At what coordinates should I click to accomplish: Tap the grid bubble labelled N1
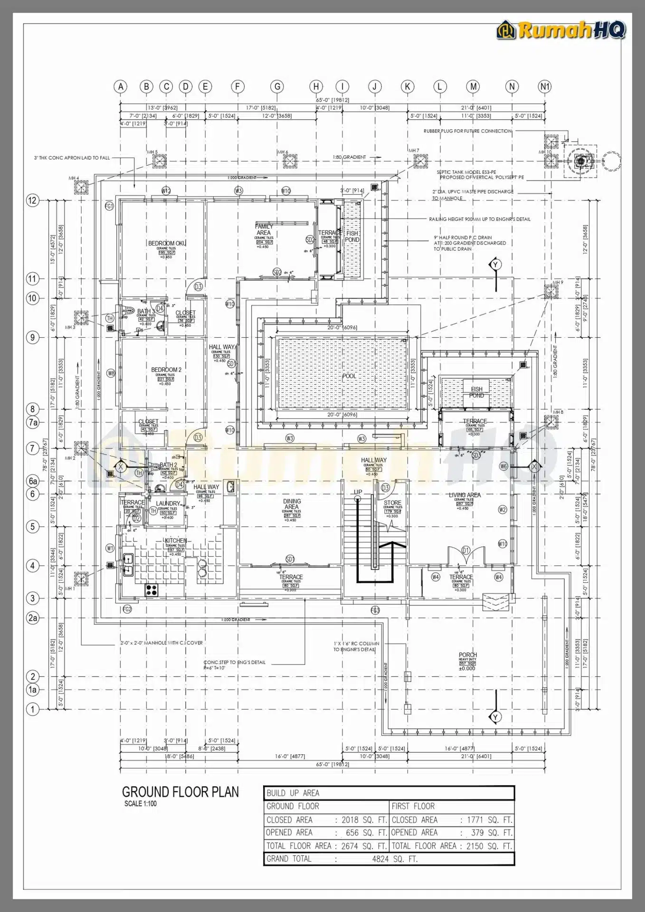[544, 86]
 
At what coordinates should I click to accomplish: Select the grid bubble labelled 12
[32, 200]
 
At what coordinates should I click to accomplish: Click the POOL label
[349, 376]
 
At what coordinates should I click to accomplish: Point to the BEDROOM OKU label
[167, 243]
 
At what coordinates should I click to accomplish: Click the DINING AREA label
[292, 504]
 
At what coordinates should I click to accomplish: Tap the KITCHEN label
[175, 541]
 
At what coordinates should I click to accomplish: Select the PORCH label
[467, 655]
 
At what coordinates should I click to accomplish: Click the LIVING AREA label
[465, 495]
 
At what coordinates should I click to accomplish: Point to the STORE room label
[392, 503]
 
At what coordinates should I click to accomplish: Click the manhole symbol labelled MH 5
[159, 162]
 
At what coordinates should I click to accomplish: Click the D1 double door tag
[466, 551]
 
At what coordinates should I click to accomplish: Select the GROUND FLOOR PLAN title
[180, 792]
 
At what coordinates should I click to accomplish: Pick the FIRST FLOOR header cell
[413, 806]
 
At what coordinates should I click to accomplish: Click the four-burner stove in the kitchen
[152, 590]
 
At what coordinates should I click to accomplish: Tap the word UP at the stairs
[358, 492]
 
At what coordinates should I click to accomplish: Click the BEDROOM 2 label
[166, 370]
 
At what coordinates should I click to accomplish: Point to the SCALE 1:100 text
[140, 804]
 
